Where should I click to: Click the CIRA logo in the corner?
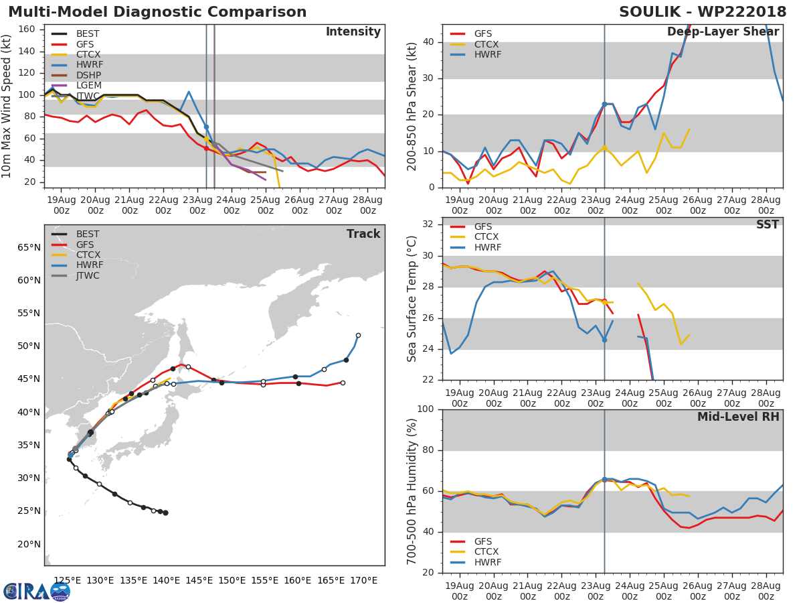coord(37,592)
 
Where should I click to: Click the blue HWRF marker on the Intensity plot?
coord(206,127)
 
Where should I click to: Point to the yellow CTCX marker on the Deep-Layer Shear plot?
coord(604,148)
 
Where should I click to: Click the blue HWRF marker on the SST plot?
coord(604,340)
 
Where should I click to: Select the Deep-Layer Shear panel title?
coord(723,32)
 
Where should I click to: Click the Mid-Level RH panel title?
coord(738,417)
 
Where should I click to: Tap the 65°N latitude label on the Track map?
coord(29,247)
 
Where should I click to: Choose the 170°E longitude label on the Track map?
coord(363,581)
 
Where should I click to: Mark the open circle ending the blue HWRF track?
coord(358,336)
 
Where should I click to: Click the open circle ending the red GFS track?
coord(343,383)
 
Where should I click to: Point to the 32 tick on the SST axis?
coord(428,224)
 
